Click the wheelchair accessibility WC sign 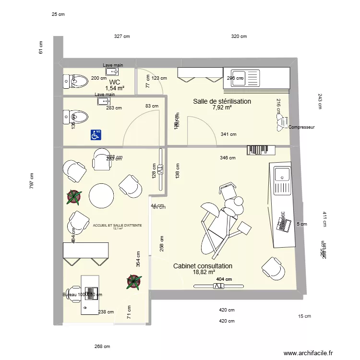96,135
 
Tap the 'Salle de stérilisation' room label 222,101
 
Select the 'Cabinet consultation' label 203,266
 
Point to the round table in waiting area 102,195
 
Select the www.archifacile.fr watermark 308,353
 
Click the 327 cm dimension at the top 121,36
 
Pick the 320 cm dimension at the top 239,36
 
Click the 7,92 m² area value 222,108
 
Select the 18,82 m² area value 203,273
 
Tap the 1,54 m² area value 115,89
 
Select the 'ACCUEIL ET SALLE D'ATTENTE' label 117,225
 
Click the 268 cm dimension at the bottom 102,347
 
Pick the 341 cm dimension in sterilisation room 228,134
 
